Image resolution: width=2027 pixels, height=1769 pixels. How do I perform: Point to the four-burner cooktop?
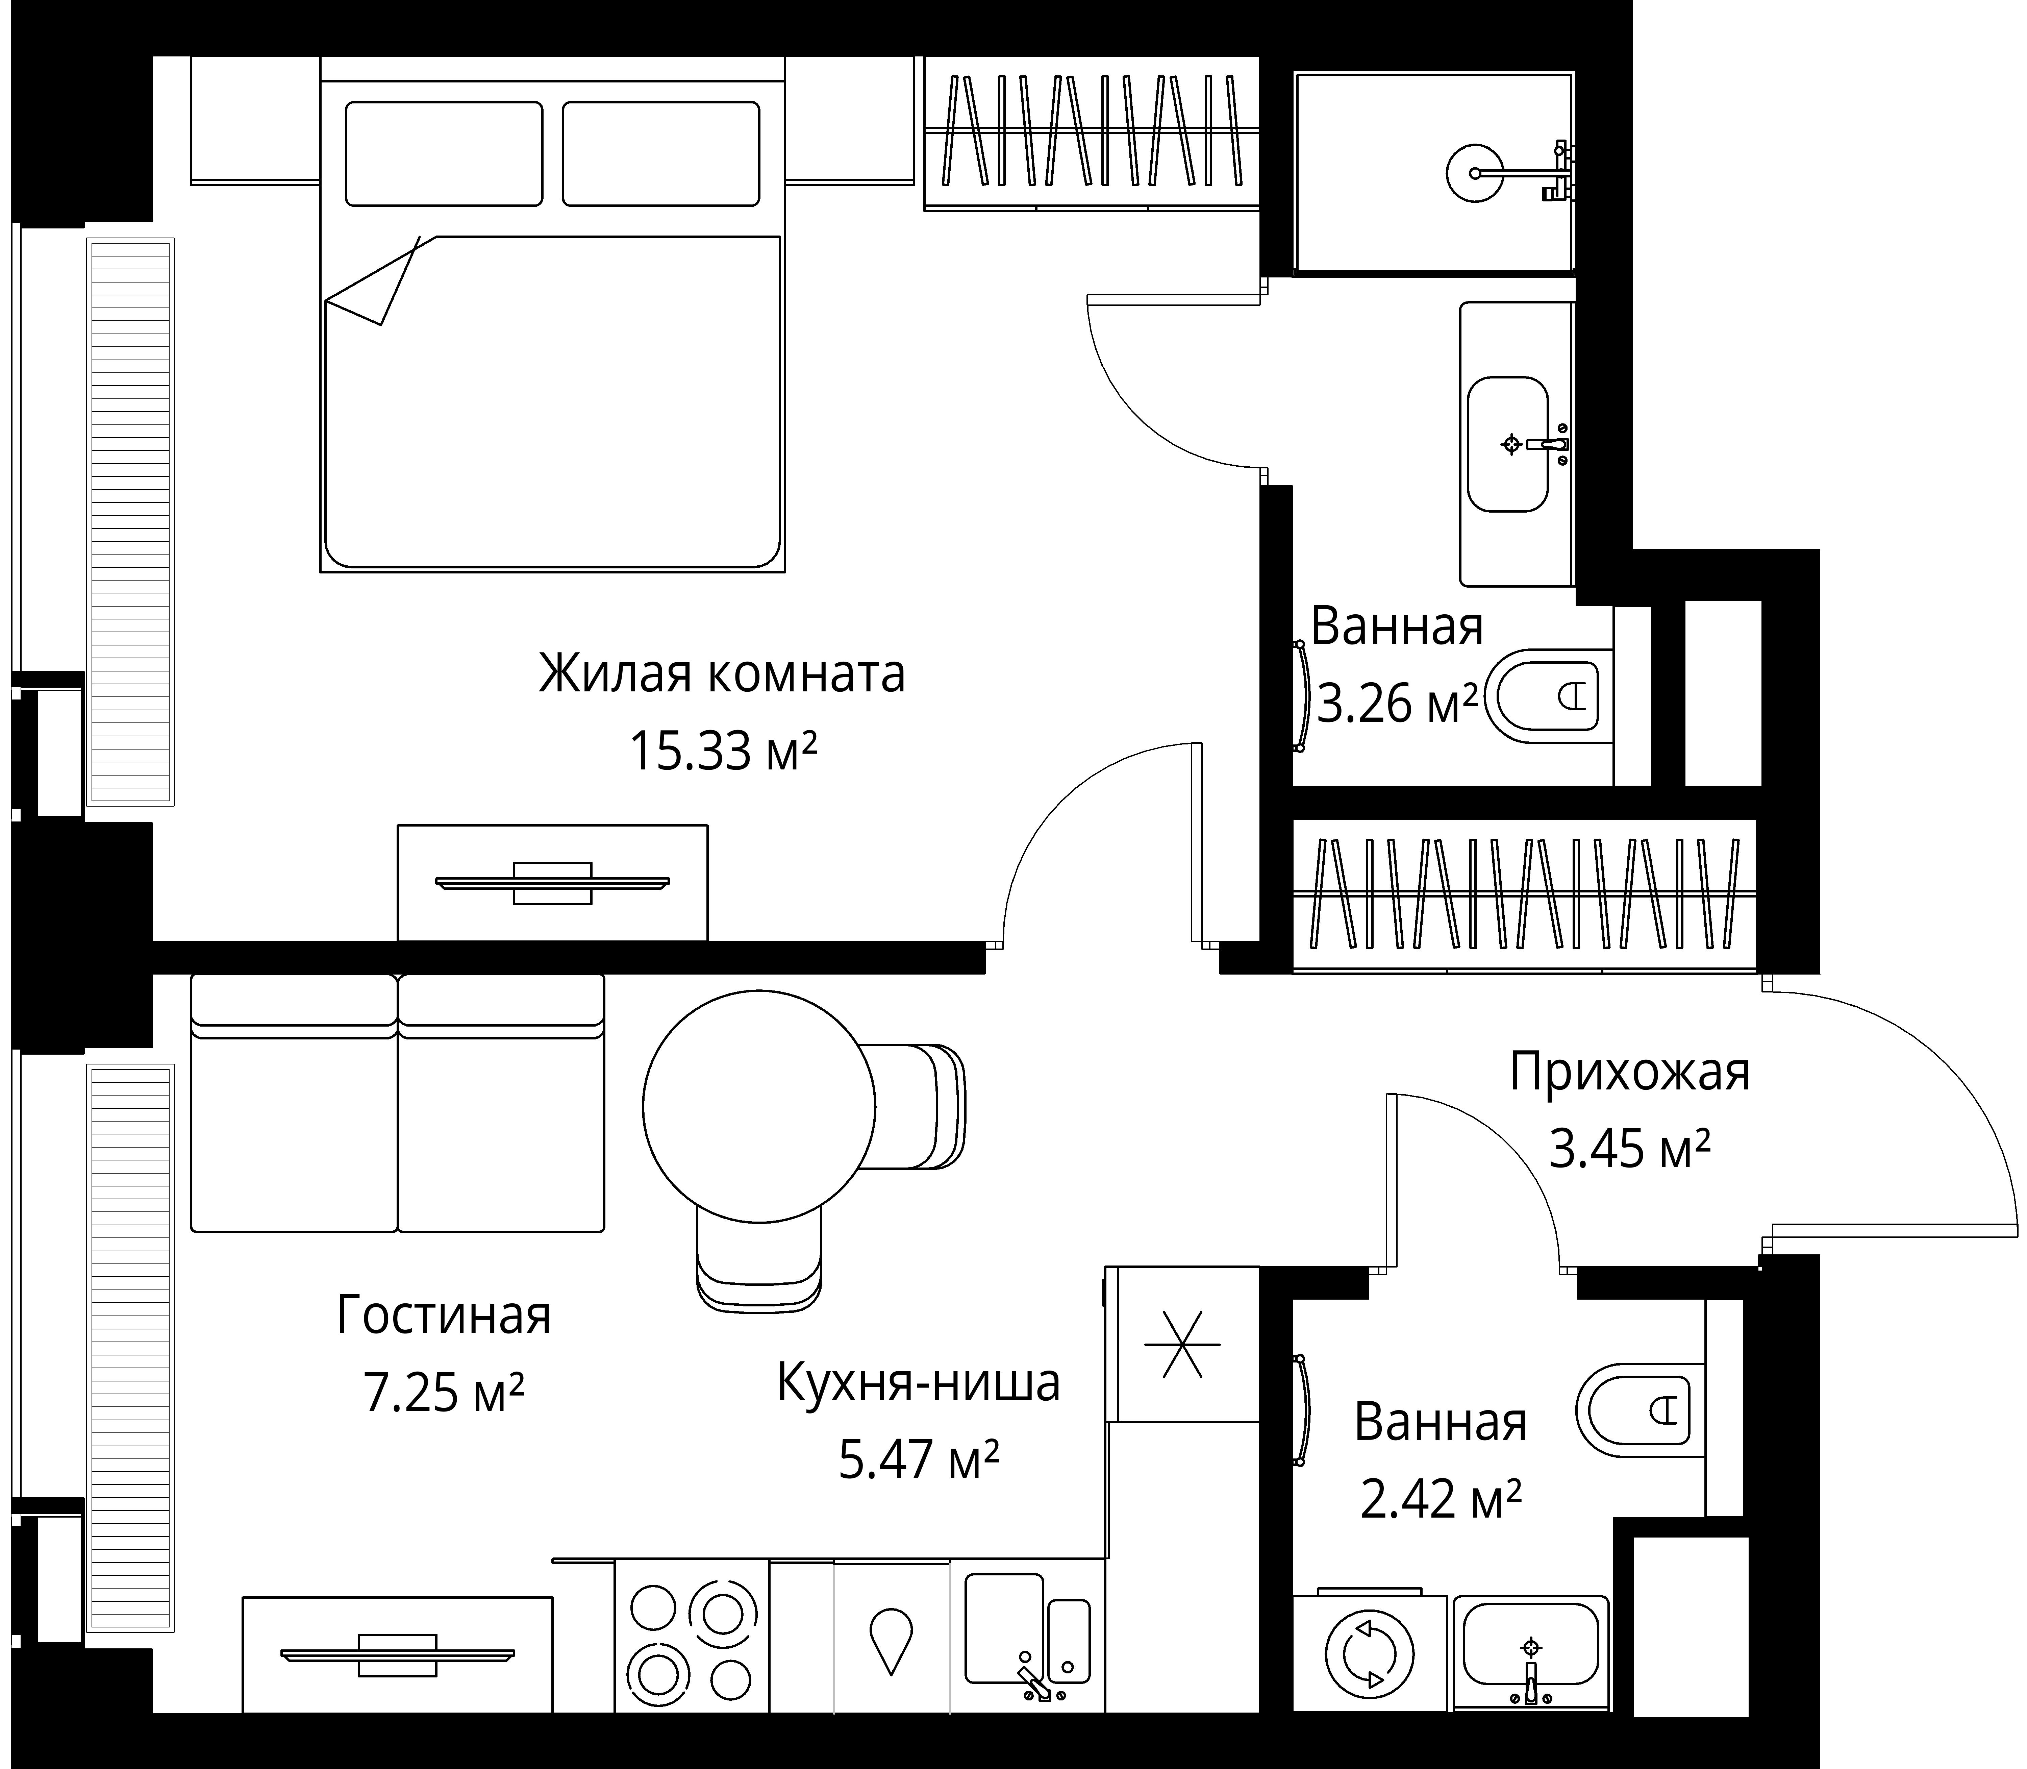[691, 1640]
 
